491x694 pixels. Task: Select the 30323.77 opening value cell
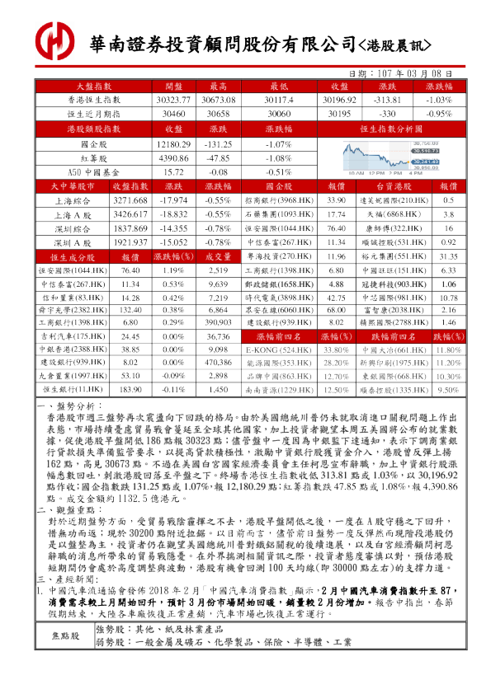173,99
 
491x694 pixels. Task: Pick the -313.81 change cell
387,99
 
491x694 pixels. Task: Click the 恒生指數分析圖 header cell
386,129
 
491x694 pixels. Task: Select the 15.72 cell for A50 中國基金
173,172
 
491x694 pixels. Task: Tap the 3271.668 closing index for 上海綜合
130,200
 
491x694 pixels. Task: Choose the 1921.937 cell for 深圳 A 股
130,242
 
